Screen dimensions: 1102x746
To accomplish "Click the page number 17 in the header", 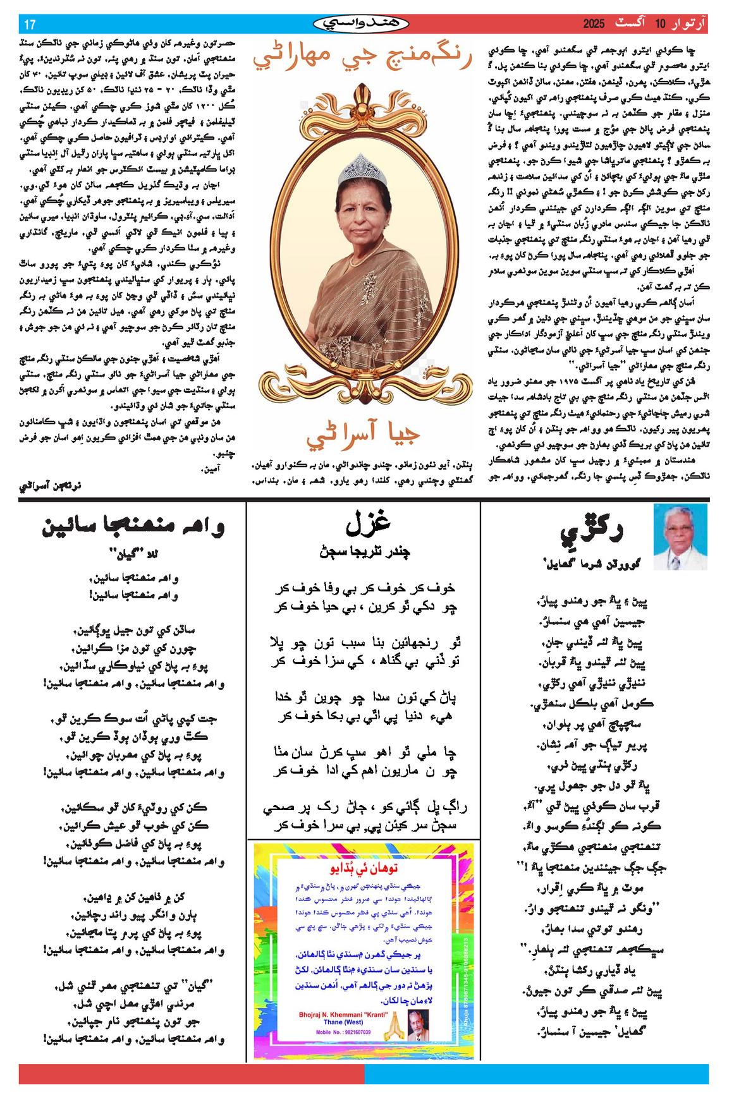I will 30,25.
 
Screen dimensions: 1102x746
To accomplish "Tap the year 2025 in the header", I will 594,24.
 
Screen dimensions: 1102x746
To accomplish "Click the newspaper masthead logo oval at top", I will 361,24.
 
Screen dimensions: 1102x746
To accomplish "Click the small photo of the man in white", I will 680,537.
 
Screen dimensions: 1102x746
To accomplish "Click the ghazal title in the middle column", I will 367,523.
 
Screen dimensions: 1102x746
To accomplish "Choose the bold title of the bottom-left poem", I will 133,526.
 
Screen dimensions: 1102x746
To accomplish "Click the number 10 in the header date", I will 660,24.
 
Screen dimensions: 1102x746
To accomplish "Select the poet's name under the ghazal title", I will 364,552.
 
